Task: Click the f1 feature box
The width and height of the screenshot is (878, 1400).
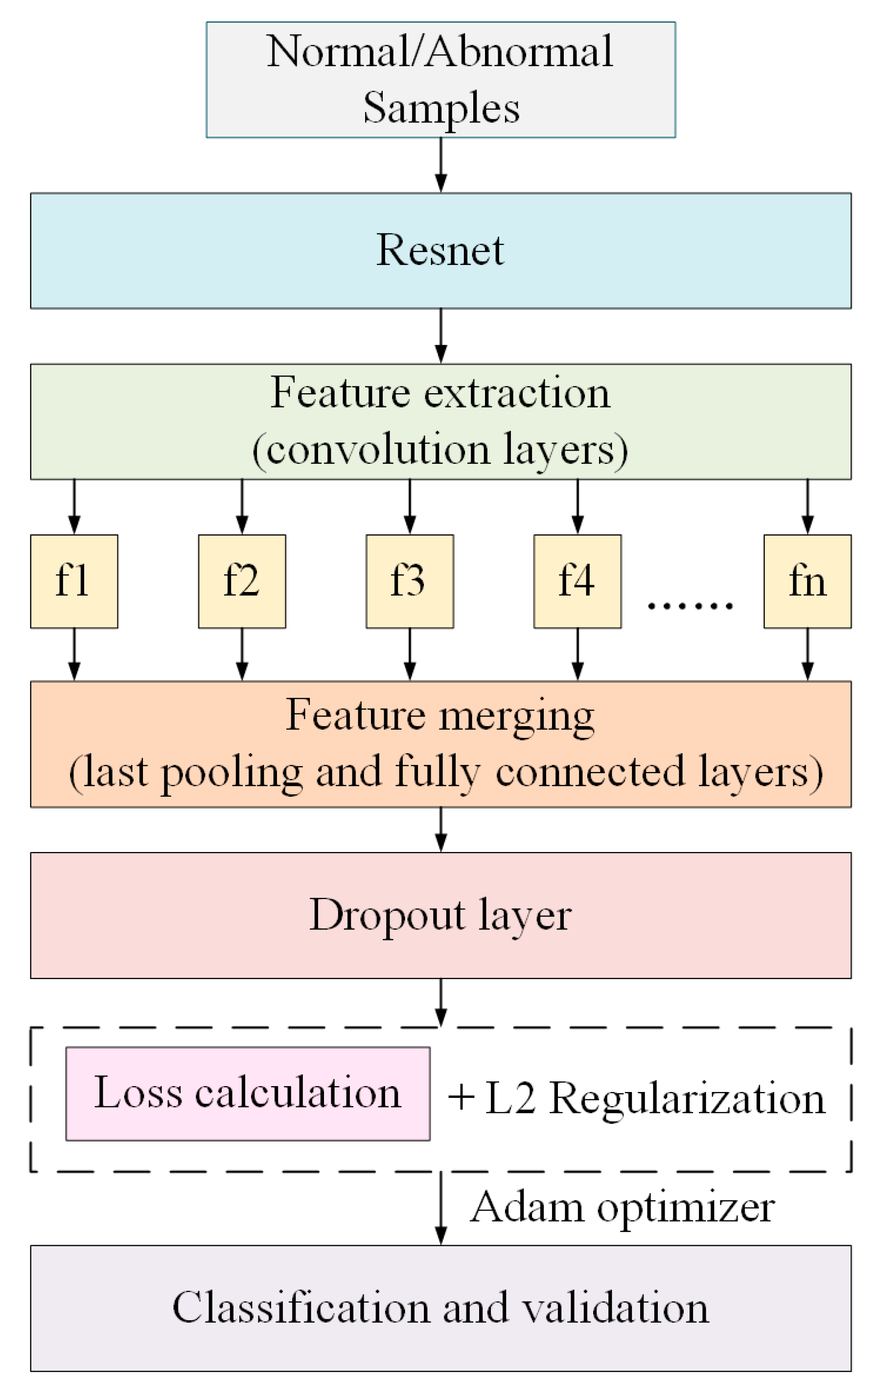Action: tap(74, 581)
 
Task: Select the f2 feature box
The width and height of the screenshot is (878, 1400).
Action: tap(242, 581)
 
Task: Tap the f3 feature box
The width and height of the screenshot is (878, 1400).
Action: tap(409, 581)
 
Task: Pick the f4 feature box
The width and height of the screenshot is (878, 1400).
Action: tap(577, 581)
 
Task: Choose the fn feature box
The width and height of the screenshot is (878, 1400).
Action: tap(807, 581)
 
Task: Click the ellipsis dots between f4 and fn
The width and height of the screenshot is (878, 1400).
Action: tap(691, 606)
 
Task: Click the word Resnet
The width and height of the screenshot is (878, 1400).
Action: tap(440, 250)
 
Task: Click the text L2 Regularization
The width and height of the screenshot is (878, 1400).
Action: tap(654, 1098)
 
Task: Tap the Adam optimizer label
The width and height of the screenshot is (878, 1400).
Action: tap(622, 1207)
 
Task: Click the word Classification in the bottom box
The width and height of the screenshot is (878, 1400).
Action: tap(300, 1307)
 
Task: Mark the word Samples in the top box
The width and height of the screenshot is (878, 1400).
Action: tap(441, 108)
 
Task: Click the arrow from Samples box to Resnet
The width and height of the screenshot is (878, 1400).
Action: tap(441, 165)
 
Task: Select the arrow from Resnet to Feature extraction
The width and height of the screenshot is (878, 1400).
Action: tap(441, 336)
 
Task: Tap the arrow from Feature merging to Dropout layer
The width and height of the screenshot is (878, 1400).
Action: tap(441, 830)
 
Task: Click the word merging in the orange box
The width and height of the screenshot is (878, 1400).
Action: tap(516, 716)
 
